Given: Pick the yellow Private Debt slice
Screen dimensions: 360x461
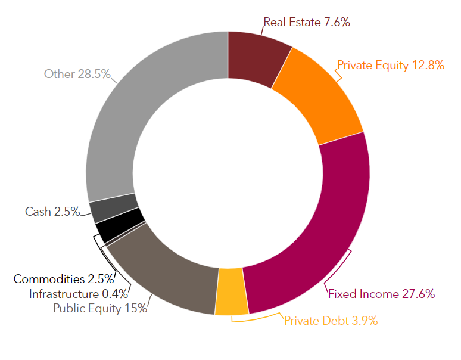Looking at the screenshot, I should (231, 291).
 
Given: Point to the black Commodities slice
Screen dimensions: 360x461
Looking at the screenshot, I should (120, 227).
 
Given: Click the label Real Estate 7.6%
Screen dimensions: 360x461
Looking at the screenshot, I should (306, 23).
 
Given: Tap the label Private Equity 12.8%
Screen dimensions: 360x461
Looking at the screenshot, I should (391, 65).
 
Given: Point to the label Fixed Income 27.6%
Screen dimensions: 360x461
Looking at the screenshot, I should (382, 293).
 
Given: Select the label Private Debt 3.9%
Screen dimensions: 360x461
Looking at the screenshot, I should (331, 321).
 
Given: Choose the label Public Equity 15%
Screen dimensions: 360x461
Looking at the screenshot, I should (99, 308).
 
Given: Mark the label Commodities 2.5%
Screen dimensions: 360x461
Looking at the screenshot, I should (64, 279).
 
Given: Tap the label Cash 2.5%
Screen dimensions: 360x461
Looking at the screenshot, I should (52, 212).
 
